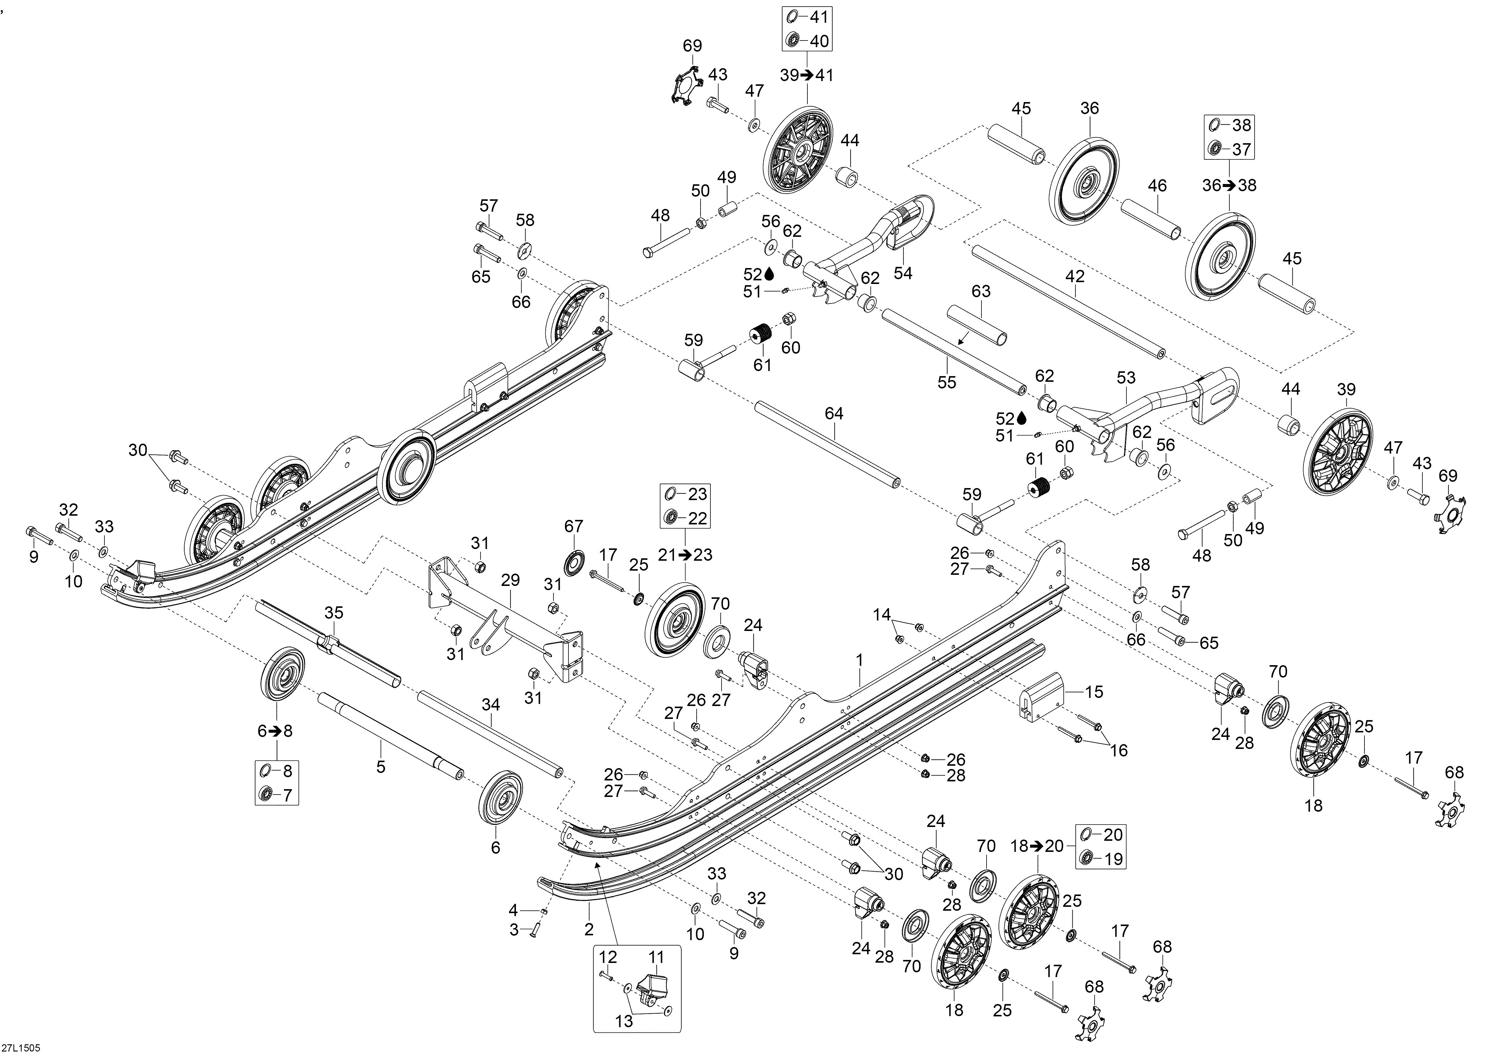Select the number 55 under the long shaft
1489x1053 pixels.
(x=947, y=382)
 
